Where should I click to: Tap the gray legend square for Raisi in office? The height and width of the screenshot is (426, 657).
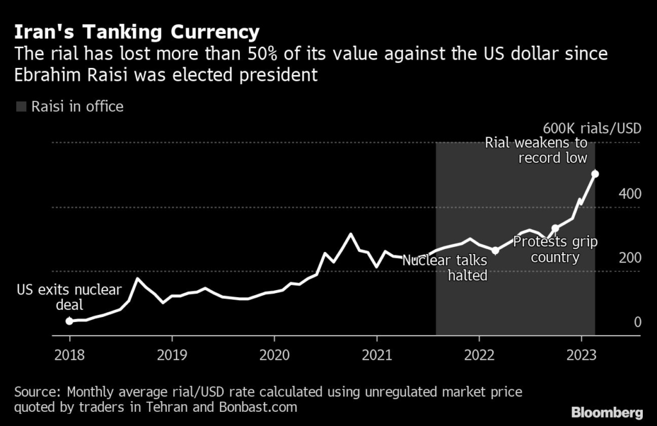pos(21,106)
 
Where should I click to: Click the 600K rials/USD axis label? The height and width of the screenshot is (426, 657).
pos(592,128)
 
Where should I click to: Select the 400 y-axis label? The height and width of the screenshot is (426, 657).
pos(629,193)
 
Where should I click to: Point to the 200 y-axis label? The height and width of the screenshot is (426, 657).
pos(629,257)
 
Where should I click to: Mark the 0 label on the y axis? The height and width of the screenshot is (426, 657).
pos(638,321)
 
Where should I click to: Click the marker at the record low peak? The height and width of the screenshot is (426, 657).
pos(595,174)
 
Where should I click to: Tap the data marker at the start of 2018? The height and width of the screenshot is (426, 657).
pos(69,321)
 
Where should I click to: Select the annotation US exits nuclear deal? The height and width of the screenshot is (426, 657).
pos(69,297)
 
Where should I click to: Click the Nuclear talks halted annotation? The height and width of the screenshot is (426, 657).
pos(445,268)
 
